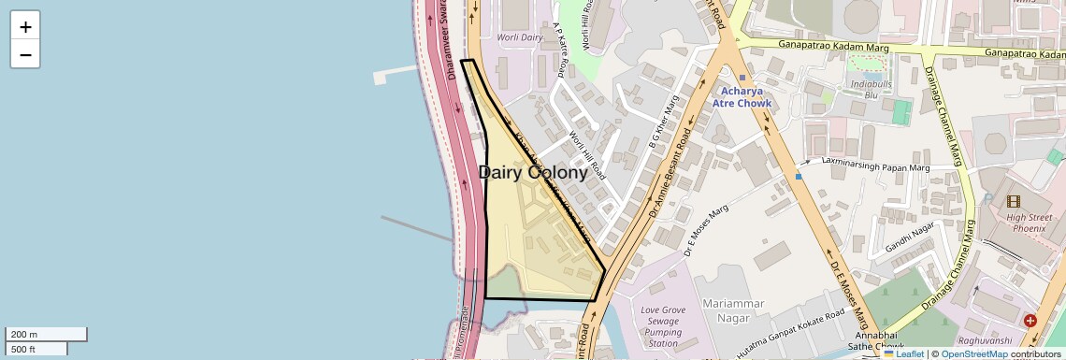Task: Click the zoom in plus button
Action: tap(25, 26)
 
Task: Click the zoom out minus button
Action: tap(25, 54)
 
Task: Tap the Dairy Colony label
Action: tap(533, 173)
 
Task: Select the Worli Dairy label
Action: tap(520, 37)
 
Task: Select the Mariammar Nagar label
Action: tap(733, 310)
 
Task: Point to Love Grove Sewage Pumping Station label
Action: tap(665, 326)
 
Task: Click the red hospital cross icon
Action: tap(1030, 321)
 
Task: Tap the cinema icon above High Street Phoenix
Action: tap(1014, 201)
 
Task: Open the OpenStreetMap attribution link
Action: tap(973, 354)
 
